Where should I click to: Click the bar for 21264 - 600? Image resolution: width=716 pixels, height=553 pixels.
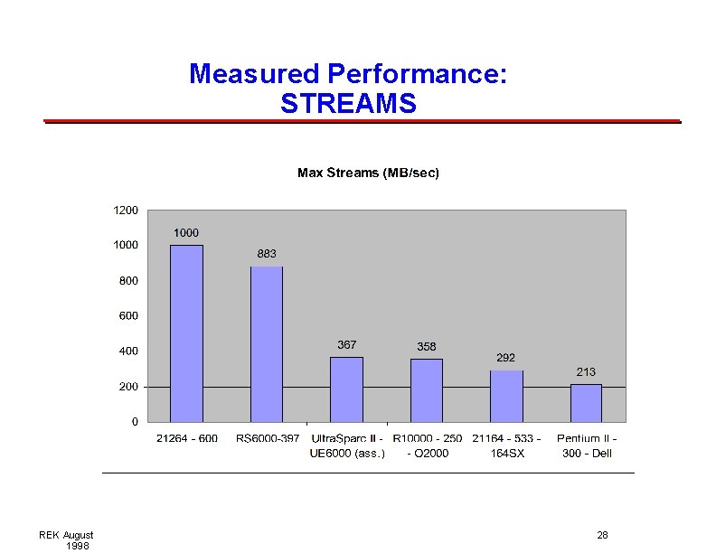click(x=187, y=333)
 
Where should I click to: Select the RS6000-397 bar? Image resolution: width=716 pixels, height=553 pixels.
click(x=267, y=344)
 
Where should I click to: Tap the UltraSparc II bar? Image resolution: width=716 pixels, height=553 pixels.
click(x=346, y=389)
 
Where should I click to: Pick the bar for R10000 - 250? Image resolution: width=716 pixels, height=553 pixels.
click(x=427, y=390)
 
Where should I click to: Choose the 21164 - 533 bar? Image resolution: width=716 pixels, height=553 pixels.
click(x=506, y=396)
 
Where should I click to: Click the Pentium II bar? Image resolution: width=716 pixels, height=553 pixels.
click(x=586, y=403)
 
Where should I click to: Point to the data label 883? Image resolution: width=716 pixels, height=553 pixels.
click(x=267, y=254)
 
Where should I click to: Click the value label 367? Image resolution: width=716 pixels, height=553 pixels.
click(x=346, y=345)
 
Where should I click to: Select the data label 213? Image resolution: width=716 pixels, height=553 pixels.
click(x=586, y=372)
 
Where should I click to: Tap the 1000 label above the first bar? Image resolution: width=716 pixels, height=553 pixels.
click(x=186, y=233)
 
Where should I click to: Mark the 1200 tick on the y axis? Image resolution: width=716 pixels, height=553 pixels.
click(x=126, y=211)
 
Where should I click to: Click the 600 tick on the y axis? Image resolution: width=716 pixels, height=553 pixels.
click(x=127, y=316)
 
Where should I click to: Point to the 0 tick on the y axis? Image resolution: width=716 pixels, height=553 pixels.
click(x=135, y=422)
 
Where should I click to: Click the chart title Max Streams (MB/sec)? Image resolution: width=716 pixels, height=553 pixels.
click(x=368, y=173)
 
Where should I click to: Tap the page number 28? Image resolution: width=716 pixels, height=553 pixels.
click(x=602, y=536)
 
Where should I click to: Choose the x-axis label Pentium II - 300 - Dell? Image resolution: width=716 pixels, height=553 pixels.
click(x=587, y=445)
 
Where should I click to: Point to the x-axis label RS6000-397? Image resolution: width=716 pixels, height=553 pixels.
click(x=268, y=439)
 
